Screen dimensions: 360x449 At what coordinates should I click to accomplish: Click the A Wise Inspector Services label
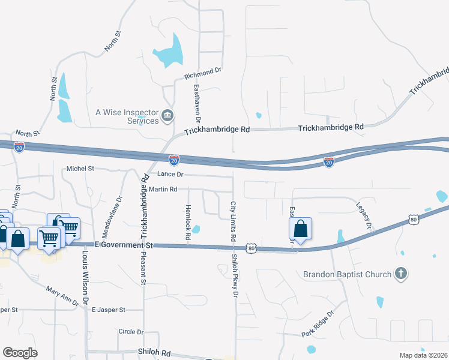coord(127,116)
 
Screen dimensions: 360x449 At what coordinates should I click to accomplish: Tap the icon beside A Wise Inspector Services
coord(168,115)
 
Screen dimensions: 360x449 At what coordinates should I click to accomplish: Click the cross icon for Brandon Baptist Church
coord(400,274)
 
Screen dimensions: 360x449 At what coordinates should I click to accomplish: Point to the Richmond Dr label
coord(203,74)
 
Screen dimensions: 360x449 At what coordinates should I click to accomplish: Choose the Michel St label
coord(80,169)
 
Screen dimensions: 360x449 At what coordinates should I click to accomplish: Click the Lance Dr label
coord(170,174)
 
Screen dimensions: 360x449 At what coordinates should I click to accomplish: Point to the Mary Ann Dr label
coord(63,295)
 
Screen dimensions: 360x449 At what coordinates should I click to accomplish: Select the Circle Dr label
coord(131,331)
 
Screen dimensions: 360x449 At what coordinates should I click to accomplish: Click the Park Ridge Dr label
coord(317,325)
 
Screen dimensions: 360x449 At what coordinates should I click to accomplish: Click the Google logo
coord(20,353)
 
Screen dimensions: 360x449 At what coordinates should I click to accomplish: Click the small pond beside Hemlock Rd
coord(197,229)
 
